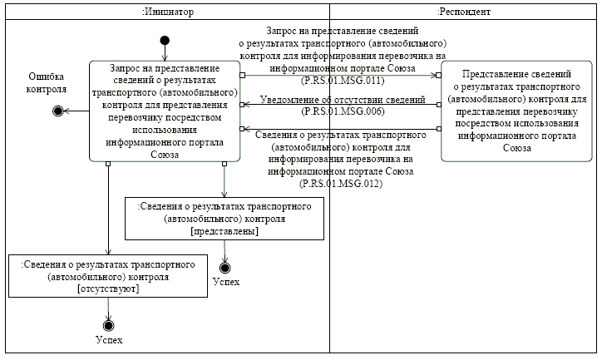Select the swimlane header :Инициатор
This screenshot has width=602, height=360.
(166, 12)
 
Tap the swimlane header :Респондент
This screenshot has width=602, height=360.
(463, 12)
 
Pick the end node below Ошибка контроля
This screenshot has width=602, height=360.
(58, 111)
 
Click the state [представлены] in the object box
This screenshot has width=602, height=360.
(224, 231)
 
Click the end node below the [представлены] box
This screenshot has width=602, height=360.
(224, 267)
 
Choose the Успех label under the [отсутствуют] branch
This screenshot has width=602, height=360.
(108, 341)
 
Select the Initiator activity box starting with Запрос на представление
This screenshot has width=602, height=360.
(165, 110)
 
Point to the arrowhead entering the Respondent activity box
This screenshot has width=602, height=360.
(437, 74)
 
